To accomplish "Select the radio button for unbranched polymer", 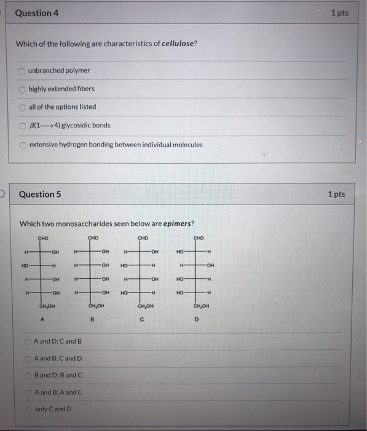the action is (x=23, y=70).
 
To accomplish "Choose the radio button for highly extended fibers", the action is (x=23, y=89).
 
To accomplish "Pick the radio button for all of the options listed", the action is (x=23, y=107).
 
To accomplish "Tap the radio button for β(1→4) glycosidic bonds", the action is (x=23, y=125).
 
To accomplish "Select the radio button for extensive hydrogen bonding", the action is (x=23, y=145).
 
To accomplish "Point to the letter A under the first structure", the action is (x=42, y=319).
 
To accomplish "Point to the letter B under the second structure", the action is (x=92, y=320).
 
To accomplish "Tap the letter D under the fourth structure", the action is (x=197, y=319).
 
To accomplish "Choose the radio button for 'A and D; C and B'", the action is (x=28, y=341).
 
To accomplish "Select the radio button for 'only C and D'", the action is (x=28, y=409).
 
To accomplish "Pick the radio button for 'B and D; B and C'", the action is (x=28, y=375).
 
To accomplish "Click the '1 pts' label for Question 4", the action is (x=339, y=13).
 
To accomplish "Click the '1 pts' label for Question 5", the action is (x=336, y=194).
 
